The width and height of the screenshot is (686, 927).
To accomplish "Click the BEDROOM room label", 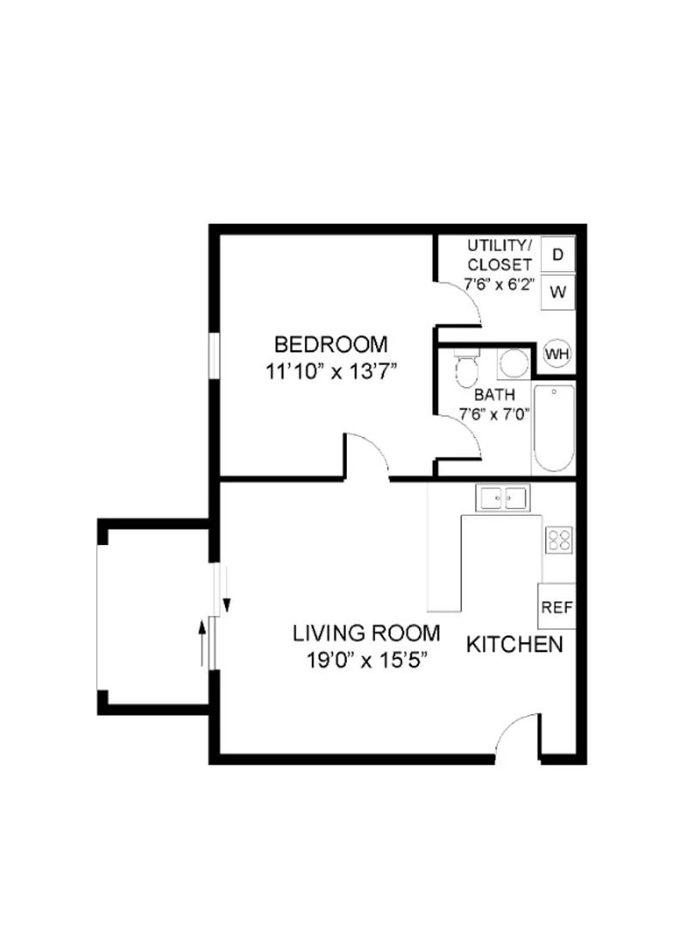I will pyautogui.click(x=331, y=345).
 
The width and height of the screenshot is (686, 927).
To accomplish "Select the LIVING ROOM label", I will pyautogui.click(x=367, y=633).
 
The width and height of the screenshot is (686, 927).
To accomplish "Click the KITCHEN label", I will pyautogui.click(x=514, y=645).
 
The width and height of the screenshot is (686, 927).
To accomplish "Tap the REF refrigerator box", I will pyautogui.click(x=556, y=607).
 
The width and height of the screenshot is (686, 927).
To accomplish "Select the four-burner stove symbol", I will pyautogui.click(x=559, y=540).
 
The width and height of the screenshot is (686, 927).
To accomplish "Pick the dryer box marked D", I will pyautogui.click(x=558, y=255).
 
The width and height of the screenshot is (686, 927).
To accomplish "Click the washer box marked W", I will pyautogui.click(x=558, y=291).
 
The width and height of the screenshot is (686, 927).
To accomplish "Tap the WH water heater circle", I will pyautogui.click(x=557, y=354).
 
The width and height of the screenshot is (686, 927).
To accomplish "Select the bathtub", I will pyautogui.click(x=554, y=428).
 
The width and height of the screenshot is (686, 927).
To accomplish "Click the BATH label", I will pyautogui.click(x=495, y=396).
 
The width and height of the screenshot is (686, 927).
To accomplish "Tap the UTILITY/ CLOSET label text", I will pyautogui.click(x=499, y=256).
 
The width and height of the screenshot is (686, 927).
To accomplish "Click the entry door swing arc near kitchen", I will pyautogui.click(x=518, y=736).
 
